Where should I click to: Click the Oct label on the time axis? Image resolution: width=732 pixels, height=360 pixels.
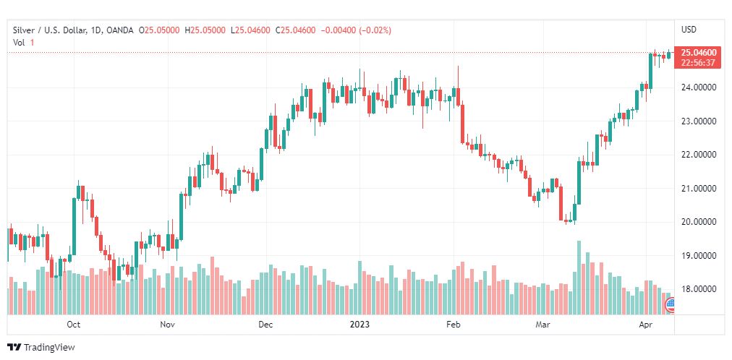(x=72, y=325)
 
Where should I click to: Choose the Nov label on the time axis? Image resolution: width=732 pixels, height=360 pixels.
(x=168, y=325)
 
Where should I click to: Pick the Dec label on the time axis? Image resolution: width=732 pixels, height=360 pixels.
(x=265, y=325)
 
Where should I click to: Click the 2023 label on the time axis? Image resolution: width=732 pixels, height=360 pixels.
(x=359, y=325)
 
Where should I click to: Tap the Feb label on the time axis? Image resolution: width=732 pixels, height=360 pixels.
(x=453, y=325)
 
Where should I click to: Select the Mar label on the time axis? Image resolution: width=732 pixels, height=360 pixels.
(x=542, y=325)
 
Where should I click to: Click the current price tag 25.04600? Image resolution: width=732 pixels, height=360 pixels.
(x=699, y=53)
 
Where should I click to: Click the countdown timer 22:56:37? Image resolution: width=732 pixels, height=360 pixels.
(x=699, y=63)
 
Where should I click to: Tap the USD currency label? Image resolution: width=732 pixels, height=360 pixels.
(x=689, y=30)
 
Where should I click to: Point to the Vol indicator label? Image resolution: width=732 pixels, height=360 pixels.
(x=19, y=43)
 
